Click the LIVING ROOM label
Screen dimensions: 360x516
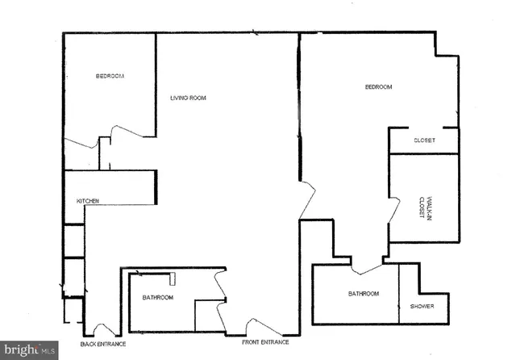(x=188, y=98)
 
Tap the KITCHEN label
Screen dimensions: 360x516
(x=88, y=200)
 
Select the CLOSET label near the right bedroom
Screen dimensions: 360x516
(x=424, y=140)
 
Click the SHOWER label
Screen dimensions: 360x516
(x=422, y=306)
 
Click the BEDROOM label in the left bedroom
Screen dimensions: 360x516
(x=110, y=76)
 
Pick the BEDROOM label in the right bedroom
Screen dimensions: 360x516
(x=378, y=87)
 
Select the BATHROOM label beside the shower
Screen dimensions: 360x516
(x=364, y=294)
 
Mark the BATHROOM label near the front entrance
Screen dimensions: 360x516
(x=158, y=297)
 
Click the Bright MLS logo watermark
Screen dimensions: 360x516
(x=29, y=350)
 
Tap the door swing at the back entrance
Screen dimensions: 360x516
(x=105, y=329)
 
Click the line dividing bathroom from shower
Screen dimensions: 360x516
(x=399, y=294)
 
